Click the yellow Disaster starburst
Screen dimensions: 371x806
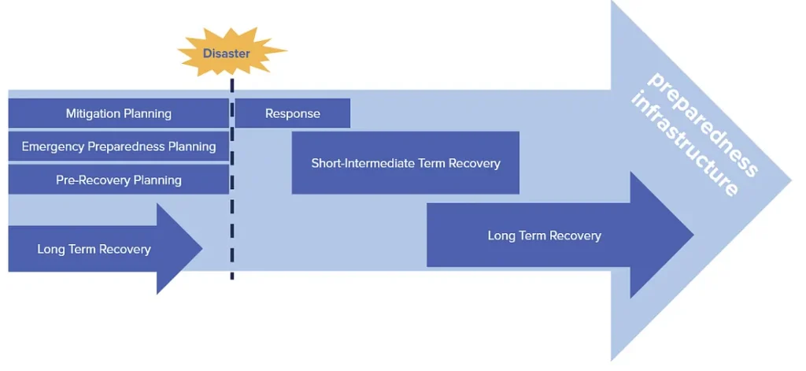click(231, 52)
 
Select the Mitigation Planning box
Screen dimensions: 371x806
click(118, 113)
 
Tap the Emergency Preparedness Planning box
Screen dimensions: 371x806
click(118, 147)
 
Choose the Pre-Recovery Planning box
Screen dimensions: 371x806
click(118, 180)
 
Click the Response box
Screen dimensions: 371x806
click(293, 113)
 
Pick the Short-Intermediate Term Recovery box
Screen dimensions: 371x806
click(405, 163)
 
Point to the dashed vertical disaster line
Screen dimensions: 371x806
click(232, 236)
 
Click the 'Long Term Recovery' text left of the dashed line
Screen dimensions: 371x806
click(94, 250)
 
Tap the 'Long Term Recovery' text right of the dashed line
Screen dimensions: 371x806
click(544, 236)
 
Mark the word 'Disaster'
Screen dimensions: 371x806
click(227, 54)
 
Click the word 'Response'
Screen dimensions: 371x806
click(293, 113)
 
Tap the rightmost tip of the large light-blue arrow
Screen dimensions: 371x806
click(789, 180)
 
